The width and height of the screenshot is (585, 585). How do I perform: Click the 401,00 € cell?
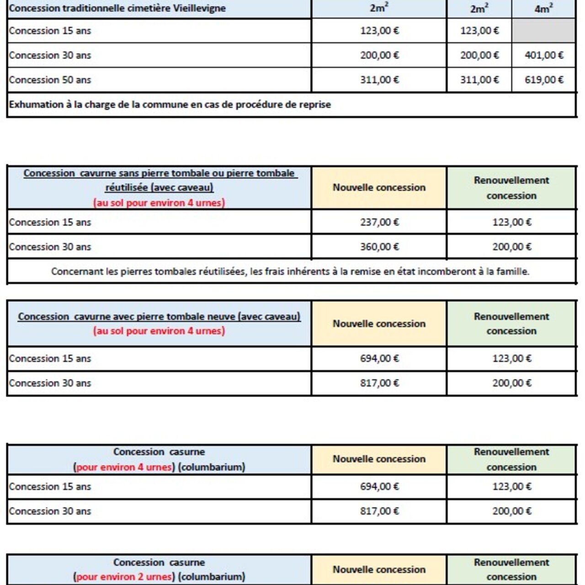click(544, 55)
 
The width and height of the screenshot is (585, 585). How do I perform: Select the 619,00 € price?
click(544, 80)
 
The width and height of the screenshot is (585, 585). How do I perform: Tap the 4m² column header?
click(544, 9)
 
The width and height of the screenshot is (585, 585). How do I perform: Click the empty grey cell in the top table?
click(544, 31)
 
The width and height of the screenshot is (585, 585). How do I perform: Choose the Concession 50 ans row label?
click(50, 80)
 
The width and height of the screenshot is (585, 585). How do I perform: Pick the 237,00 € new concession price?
click(379, 223)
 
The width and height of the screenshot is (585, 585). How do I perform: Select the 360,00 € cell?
click(379, 247)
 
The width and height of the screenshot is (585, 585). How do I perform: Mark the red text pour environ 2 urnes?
click(125, 577)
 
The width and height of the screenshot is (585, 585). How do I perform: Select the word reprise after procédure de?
click(315, 105)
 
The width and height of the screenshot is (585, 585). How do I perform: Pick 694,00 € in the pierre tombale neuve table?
click(379, 359)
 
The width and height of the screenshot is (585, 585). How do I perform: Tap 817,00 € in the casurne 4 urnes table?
click(379, 511)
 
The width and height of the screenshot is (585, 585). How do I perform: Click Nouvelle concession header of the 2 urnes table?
click(379, 569)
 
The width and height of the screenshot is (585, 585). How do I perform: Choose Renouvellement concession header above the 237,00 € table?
click(511, 188)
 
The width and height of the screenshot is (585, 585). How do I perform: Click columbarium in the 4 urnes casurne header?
click(212, 467)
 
